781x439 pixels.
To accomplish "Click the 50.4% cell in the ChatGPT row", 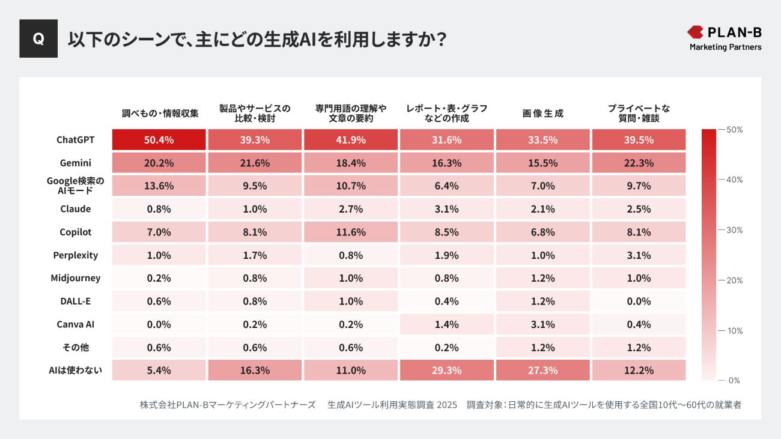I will [x=159, y=140].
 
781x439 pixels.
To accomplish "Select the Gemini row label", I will [x=75, y=163].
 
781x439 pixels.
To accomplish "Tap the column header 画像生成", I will [x=542, y=114].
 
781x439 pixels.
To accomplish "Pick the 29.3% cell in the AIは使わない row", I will [x=446, y=371].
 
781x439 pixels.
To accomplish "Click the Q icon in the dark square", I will [x=38, y=38].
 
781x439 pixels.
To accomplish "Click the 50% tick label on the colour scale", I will [x=734, y=130].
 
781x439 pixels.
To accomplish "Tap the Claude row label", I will [x=75, y=209].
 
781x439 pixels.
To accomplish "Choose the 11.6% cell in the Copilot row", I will [x=351, y=232].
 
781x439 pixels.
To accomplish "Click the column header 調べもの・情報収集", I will [x=160, y=114].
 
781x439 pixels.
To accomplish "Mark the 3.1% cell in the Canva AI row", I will [x=542, y=325].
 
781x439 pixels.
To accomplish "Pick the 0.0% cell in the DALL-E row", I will [x=639, y=301].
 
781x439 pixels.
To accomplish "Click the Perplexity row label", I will [x=75, y=255].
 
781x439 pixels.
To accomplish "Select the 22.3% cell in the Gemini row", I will [x=639, y=163].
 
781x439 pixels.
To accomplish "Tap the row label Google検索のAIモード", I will [x=75, y=186].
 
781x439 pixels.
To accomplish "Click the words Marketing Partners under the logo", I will [x=725, y=47].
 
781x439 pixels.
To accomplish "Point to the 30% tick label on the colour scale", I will [x=734, y=230].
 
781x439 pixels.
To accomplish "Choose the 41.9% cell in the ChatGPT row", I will [x=351, y=140].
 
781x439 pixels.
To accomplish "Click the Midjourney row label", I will [x=75, y=278].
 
